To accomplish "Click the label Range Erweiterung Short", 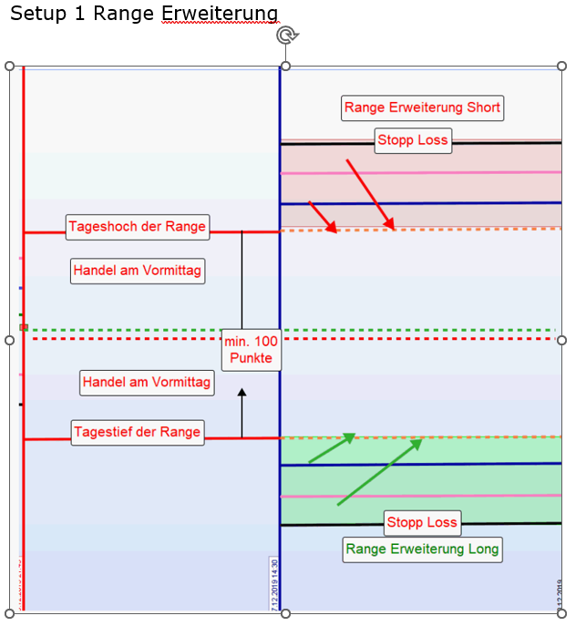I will coord(422,108).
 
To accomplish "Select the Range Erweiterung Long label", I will coord(422,549).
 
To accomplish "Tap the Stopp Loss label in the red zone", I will coord(412,140).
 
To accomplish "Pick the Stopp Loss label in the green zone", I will coord(422,523).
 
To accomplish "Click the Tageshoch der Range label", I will coord(138,227).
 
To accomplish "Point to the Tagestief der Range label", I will coord(138,432).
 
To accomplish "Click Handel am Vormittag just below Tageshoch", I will coord(138,271).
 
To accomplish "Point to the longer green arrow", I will coord(379,472).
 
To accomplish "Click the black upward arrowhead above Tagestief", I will coord(242,394).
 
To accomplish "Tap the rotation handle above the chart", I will coord(286,36).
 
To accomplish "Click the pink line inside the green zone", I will coord(419,496).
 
